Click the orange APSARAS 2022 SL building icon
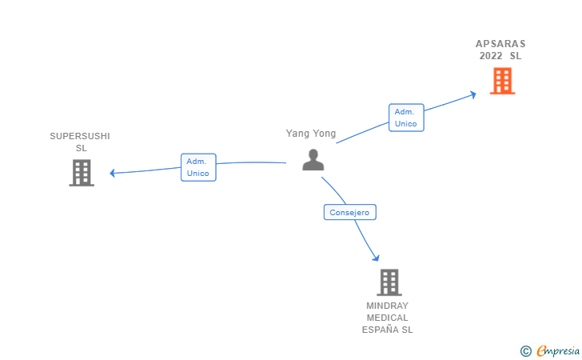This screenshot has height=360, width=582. pos(502,81)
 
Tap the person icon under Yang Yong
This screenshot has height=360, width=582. pos(313,159)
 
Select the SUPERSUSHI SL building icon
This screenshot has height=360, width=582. pos(82,172)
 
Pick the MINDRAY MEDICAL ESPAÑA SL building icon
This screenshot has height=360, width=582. pos(389,282)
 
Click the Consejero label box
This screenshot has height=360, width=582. pos(349,212)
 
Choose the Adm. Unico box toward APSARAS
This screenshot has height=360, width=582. pos(406,118)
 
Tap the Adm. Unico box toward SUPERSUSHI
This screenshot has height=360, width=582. pos(197,167)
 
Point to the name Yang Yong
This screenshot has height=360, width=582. pos(311,134)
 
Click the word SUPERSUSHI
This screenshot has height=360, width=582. pos(80,136)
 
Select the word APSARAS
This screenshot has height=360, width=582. pos(501,43)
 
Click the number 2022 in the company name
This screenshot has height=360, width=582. pos(492,56)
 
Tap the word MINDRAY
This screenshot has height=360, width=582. pos(388,306)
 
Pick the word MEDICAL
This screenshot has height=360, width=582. pos(388,318)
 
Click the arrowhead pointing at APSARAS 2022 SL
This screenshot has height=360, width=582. pos(472,94)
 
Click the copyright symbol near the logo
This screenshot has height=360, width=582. pos(525,350)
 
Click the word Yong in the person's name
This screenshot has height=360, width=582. pos(325,134)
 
